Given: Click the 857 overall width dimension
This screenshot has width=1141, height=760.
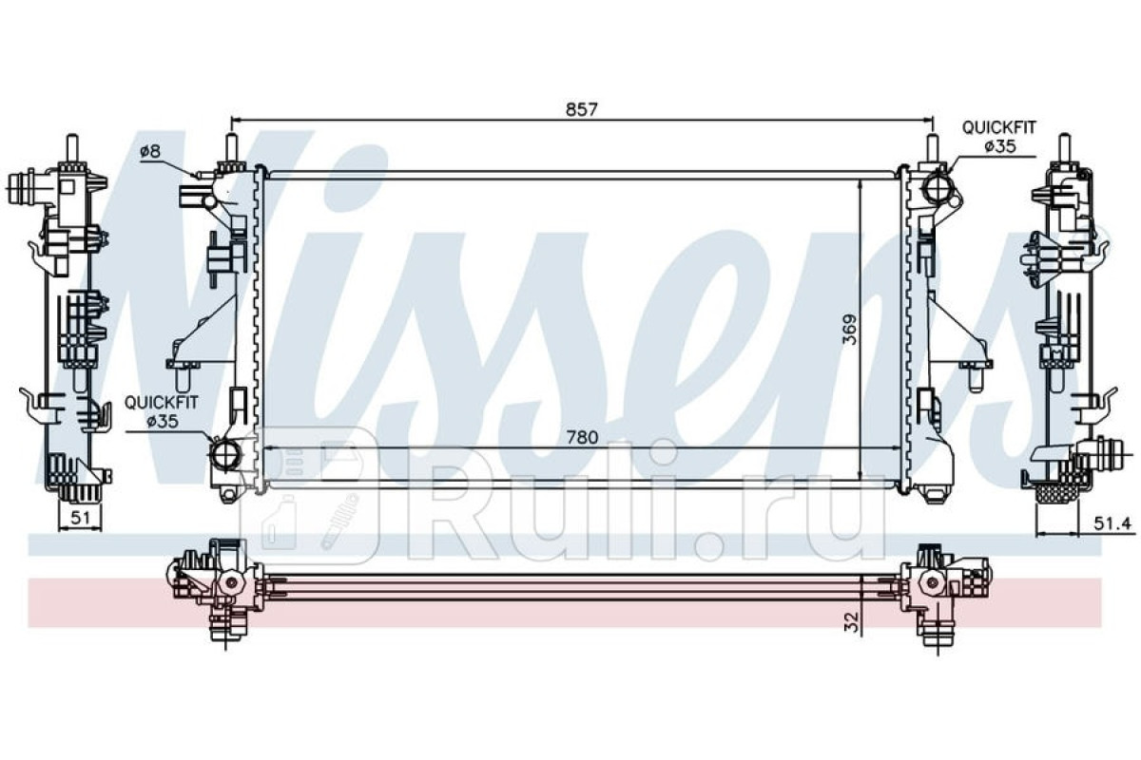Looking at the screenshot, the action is (x=581, y=109).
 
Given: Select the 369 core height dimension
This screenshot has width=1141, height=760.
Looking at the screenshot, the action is (x=850, y=330).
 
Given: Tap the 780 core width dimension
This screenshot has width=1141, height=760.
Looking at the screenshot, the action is (x=582, y=437).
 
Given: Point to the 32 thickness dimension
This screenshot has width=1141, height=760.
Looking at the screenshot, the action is (x=851, y=622).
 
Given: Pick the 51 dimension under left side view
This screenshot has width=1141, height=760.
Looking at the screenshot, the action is (x=80, y=518).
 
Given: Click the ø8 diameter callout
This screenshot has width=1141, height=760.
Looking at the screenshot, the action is (x=150, y=151).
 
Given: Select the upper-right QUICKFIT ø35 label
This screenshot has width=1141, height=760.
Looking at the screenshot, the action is (x=999, y=137).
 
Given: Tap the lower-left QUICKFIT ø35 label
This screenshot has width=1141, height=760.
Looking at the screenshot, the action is (x=161, y=412).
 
